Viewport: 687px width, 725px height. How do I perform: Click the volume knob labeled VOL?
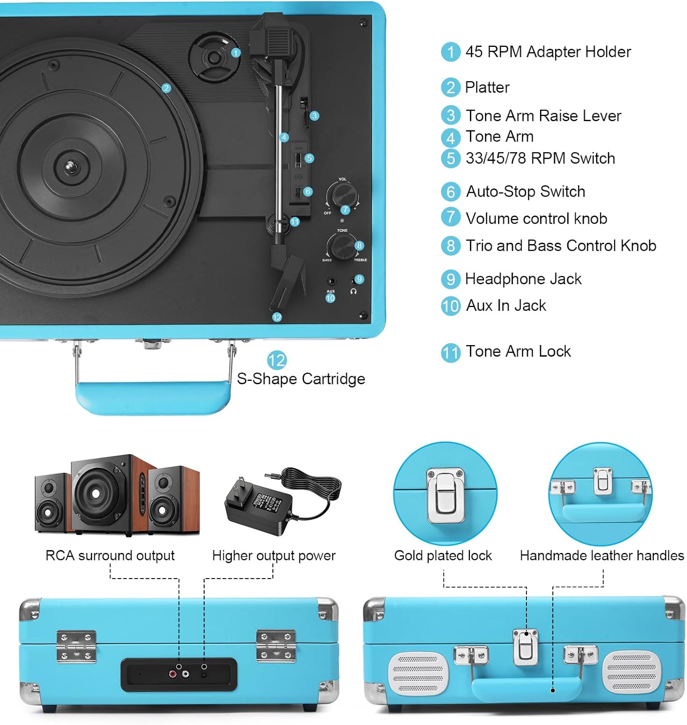342,195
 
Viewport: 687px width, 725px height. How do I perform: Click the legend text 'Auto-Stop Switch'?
525,191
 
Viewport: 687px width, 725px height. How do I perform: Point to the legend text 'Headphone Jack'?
523,279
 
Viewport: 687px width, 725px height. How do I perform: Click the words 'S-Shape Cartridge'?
301,378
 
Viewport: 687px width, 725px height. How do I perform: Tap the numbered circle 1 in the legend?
451,52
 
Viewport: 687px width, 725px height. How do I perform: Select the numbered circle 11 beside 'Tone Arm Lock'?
451,352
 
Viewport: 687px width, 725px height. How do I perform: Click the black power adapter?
261,503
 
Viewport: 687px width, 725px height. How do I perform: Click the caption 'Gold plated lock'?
443,555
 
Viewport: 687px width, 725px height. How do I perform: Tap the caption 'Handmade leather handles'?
602,555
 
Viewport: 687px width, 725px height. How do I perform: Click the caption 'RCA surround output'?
110,555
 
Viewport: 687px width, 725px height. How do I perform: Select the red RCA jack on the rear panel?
173,673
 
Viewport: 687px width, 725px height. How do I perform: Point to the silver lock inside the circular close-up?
445,495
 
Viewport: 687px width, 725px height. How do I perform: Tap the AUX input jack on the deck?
331,281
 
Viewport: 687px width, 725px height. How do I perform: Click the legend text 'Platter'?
487,87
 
